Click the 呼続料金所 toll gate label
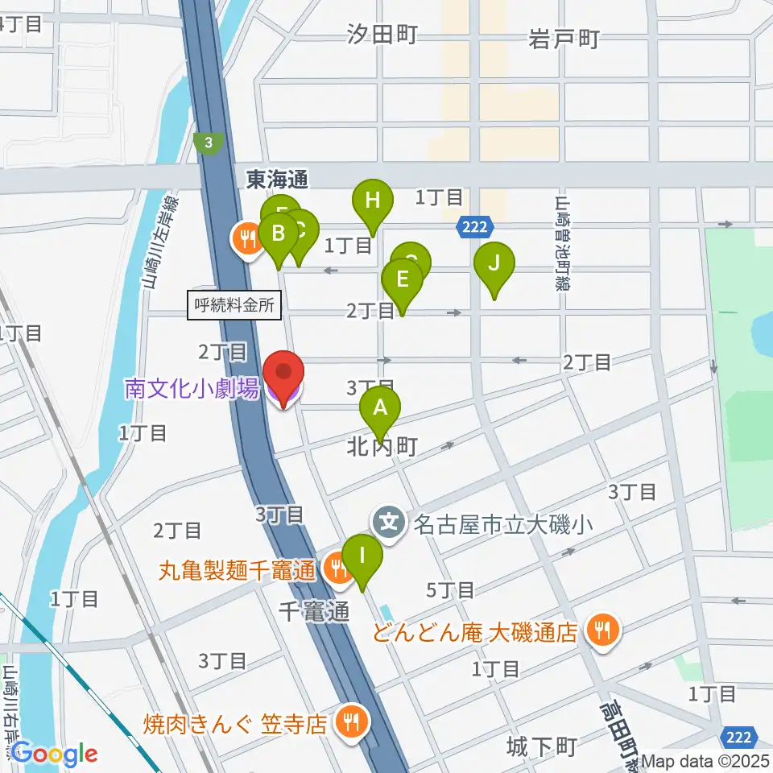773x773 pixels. coord(234,305)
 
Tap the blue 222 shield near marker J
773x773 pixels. coord(474,228)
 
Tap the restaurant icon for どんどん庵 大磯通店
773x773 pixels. coord(601,629)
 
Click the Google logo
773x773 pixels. coord(54,754)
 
